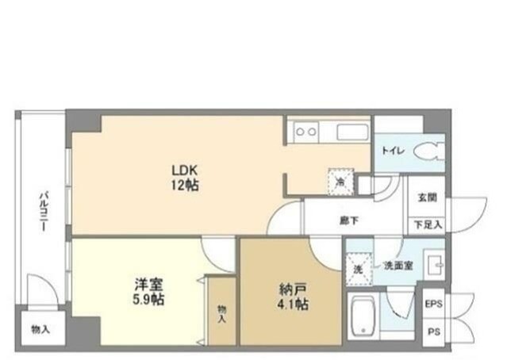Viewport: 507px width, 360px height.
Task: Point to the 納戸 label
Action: click(x=290, y=288)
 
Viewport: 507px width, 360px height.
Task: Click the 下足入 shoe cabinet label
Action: click(x=427, y=225)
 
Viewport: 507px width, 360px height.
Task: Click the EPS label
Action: click(x=432, y=304)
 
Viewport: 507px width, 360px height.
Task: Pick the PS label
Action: click(x=432, y=331)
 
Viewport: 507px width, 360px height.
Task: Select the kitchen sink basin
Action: click(x=351, y=132)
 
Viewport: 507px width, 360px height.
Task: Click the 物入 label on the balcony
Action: click(x=40, y=327)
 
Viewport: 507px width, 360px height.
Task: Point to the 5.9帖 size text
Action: click(x=149, y=302)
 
